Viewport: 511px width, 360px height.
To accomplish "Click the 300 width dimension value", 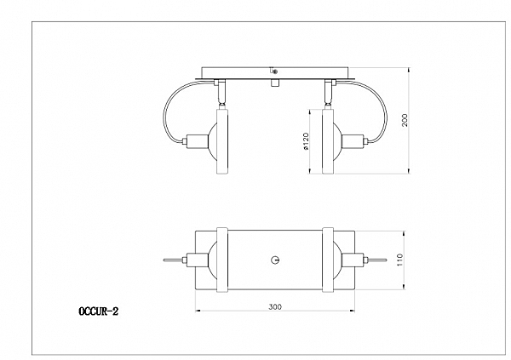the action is tap(275, 306).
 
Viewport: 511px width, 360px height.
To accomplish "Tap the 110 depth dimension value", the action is tap(400, 260).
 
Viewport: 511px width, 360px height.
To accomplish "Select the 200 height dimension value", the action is tap(405, 120).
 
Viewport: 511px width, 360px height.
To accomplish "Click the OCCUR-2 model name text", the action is tap(99, 311).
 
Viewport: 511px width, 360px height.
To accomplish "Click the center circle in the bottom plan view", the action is tap(275, 260).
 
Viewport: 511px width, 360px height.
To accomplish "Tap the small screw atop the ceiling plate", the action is tap(273, 71).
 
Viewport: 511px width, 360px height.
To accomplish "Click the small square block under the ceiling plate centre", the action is tap(275, 83).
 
